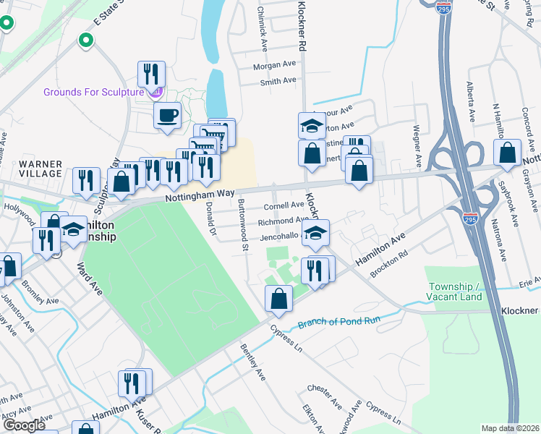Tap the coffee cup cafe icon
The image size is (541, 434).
click(x=167, y=116)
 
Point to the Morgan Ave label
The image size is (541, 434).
click(x=274, y=65)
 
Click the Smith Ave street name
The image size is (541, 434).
click(x=278, y=81)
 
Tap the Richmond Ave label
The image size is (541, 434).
click(x=283, y=221)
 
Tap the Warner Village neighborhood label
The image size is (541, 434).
click(x=41, y=169)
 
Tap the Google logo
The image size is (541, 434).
click(x=23, y=425)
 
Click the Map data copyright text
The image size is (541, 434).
click(x=511, y=428)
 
